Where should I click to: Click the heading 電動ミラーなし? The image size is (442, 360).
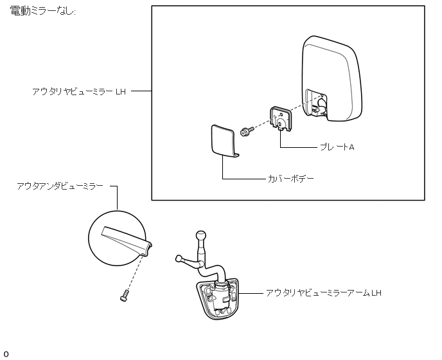(x=44, y=13)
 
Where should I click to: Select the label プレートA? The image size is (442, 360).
(x=337, y=147)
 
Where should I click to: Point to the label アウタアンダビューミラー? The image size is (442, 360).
(x=60, y=186)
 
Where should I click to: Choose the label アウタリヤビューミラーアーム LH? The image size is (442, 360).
(x=324, y=293)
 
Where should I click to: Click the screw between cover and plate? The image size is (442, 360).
(x=245, y=131)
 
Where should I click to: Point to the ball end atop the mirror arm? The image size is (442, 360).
(x=202, y=236)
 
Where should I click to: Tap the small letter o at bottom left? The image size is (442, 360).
(x=6, y=354)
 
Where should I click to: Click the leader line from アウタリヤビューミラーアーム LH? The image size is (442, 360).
(x=251, y=293)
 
